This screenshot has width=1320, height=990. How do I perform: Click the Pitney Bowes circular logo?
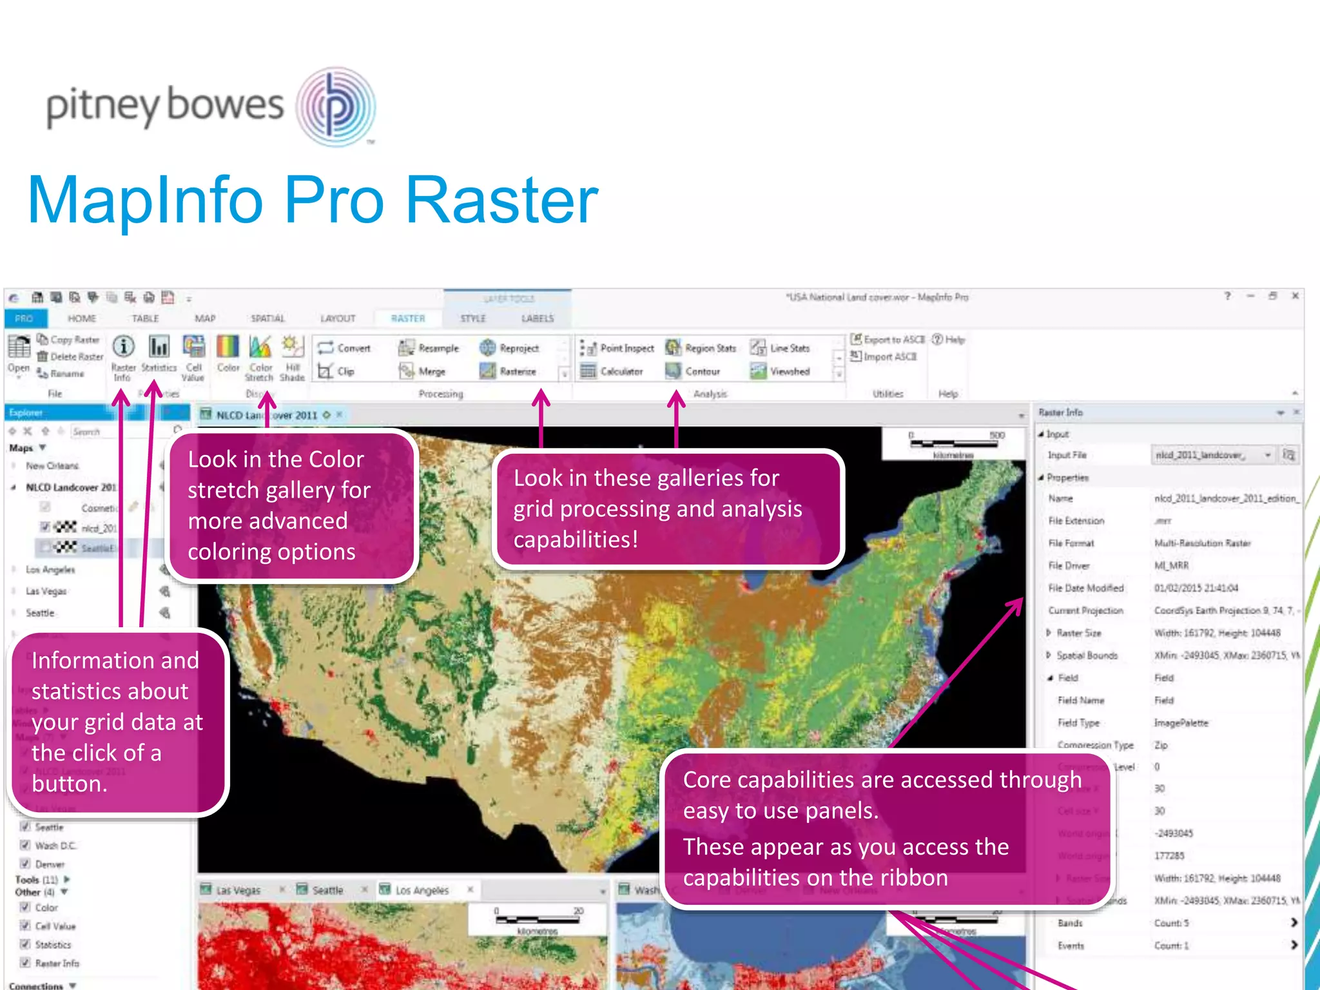pos(336,106)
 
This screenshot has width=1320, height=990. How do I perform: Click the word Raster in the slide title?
pos(502,201)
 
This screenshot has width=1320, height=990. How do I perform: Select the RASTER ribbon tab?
pos(408,318)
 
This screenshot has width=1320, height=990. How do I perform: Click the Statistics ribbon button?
pos(159,355)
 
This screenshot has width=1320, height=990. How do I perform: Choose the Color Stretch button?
pos(260,356)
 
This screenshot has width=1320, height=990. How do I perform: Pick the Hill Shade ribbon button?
pos(292,356)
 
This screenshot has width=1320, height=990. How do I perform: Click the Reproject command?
pos(510,348)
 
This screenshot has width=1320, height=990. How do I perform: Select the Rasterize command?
pos(509,371)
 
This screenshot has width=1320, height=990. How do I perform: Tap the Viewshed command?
pos(781,371)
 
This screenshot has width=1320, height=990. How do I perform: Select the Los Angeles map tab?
pos(422,890)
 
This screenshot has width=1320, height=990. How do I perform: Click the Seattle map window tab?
pos(327,890)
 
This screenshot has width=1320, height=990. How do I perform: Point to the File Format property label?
pos(1071,543)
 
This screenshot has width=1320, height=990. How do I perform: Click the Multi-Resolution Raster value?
pos(1202,543)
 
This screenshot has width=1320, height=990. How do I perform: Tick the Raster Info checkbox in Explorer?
pos(25,963)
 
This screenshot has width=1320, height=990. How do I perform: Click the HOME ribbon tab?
pos(82,318)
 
